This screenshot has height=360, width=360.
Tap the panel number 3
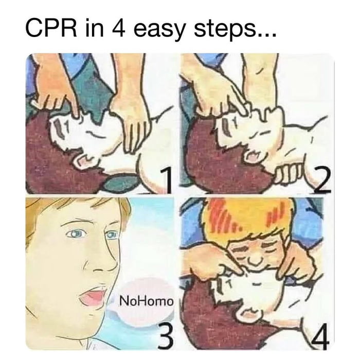[x=164, y=324]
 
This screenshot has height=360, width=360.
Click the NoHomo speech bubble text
[x=147, y=300]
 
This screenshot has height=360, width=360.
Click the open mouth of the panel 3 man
[x=93, y=297]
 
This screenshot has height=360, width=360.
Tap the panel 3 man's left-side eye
[x=77, y=234]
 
